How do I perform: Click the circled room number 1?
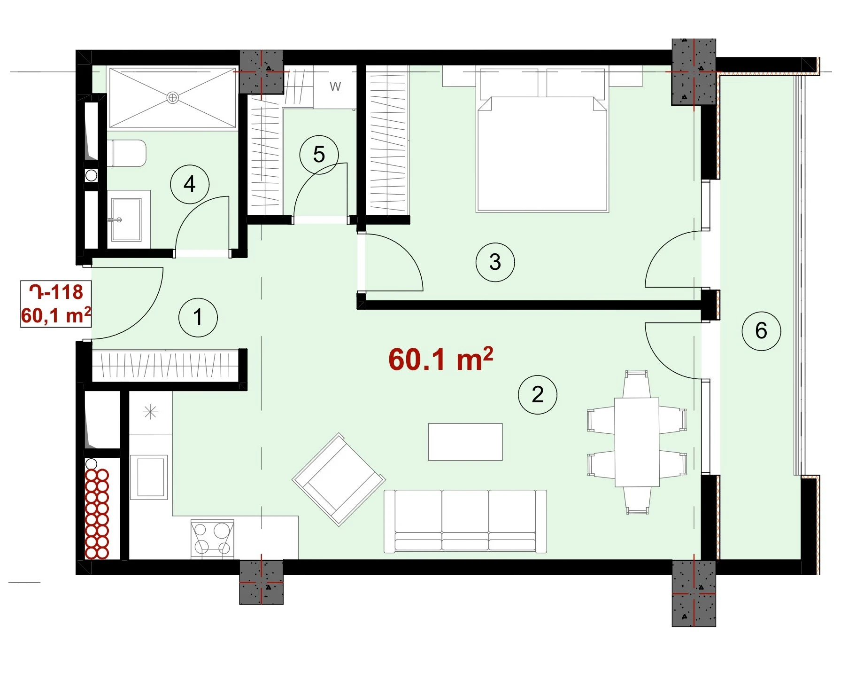point(198,317)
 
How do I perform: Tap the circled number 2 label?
point(538,394)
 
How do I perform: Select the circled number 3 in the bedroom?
point(495,262)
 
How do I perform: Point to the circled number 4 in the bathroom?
point(190,184)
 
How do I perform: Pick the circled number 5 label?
point(319,155)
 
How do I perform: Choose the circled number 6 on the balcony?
point(761,331)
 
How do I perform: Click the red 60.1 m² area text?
point(440,359)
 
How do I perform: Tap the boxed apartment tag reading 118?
point(56,304)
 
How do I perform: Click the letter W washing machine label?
point(335,86)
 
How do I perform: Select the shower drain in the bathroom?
point(173,98)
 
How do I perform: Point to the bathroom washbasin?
point(126,219)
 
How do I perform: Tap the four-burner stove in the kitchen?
point(212,539)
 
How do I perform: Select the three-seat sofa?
point(465,521)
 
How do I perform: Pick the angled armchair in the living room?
point(339,479)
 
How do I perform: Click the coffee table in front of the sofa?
point(465,442)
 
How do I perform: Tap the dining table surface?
point(637,442)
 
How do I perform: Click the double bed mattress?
point(542,154)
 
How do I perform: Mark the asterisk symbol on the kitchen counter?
point(150,412)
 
